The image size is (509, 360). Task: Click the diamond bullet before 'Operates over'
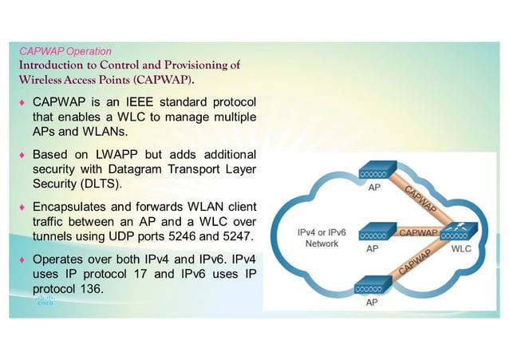pyautogui.click(x=23, y=260)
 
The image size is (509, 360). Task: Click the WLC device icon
pyautogui.click(x=458, y=234)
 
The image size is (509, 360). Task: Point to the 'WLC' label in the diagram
pyautogui.click(x=461, y=249)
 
